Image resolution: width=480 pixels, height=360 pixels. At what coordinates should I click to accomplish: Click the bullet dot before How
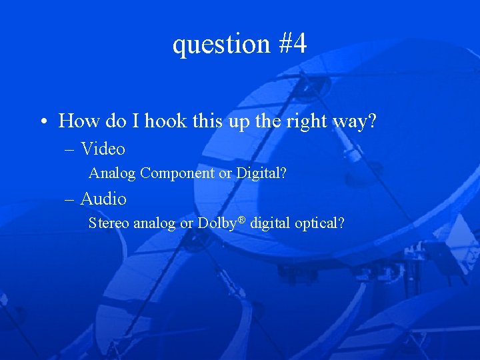pyautogui.click(x=42, y=122)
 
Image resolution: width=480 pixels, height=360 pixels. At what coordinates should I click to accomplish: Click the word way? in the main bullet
pyautogui.click(x=357, y=121)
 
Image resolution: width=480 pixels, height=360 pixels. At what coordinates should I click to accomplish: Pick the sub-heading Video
pyautogui.click(x=103, y=149)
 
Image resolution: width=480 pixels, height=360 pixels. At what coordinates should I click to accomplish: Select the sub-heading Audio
pyautogui.click(x=103, y=199)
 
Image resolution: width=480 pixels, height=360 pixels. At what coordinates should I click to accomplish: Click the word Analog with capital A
pyautogui.click(x=113, y=174)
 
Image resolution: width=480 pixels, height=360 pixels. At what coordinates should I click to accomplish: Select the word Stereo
pyautogui.click(x=109, y=223)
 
